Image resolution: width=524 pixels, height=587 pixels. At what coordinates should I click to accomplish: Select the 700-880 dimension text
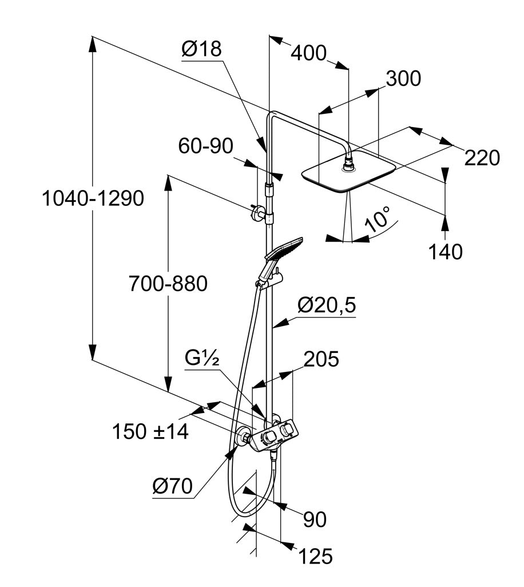click(168, 283)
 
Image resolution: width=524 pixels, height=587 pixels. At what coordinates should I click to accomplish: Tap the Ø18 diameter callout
click(201, 50)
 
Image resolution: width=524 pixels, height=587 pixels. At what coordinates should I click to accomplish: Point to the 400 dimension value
click(308, 53)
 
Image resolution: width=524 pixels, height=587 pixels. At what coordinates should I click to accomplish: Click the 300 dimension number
click(403, 79)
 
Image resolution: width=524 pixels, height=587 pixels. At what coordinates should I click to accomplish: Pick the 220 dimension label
click(482, 157)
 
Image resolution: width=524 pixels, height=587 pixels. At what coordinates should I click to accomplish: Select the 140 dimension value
click(446, 252)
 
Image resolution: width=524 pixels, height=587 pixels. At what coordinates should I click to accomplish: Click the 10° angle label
click(378, 220)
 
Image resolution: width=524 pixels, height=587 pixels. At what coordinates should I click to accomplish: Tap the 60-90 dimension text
click(205, 146)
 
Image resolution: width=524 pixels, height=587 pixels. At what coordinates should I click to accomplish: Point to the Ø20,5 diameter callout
click(327, 306)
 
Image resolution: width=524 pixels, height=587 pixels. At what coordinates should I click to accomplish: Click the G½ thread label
click(202, 359)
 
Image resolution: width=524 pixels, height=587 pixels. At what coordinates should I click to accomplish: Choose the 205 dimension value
click(321, 359)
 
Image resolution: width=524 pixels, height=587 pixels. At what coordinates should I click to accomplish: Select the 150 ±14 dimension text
click(150, 431)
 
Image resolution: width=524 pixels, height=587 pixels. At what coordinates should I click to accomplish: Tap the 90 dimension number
click(315, 519)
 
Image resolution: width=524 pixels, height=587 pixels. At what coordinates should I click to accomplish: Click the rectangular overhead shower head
click(348, 174)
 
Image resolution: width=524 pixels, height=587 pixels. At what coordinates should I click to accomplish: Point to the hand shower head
click(284, 247)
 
